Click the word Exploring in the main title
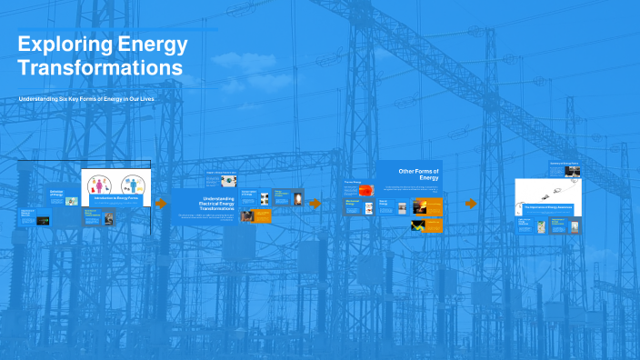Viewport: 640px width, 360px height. tap(63, 45)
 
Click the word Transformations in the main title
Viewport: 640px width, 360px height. tap(100, 68)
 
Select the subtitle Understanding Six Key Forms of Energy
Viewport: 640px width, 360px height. tap(86, 97)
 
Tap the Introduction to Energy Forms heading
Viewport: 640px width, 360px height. tap(115, 197)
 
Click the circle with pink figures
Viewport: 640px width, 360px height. tap(99, 184)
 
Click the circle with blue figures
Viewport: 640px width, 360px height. tap(133, 184)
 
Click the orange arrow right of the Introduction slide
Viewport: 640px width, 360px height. tap(161, 204)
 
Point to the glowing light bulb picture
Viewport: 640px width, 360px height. tap(297, 198)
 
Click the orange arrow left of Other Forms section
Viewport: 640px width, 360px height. tap(315, 204)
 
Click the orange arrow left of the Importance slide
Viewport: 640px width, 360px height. tap(471, 204)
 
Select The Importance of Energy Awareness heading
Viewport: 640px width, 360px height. tap(548, 207)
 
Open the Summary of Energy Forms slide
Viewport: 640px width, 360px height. tap(564, 169)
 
